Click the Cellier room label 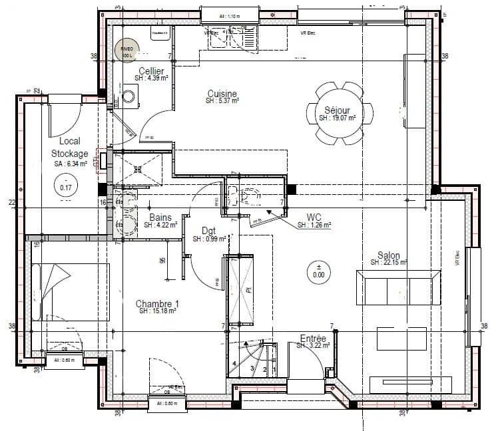(151, 71)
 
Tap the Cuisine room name (222, 94)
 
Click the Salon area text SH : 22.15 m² (389, 263)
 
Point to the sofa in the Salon (399, 287)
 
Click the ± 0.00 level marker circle (319, 270)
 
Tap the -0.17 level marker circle (66, 184)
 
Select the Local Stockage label (69, 147)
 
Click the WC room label (314, 217)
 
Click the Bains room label (160, 217)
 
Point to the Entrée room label (312, 339)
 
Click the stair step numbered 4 (234, 363)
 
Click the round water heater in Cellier (124, 50)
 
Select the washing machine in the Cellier (128, 97)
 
